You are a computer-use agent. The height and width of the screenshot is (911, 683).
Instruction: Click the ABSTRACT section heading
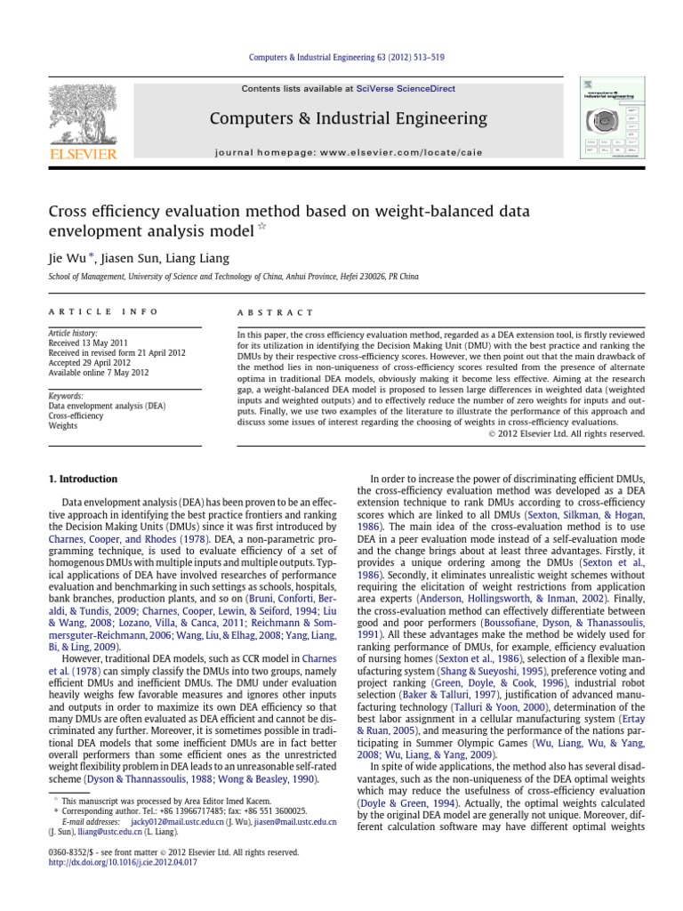tap(275, 312)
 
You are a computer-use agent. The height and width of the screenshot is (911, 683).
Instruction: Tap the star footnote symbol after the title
tap(261, 230)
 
